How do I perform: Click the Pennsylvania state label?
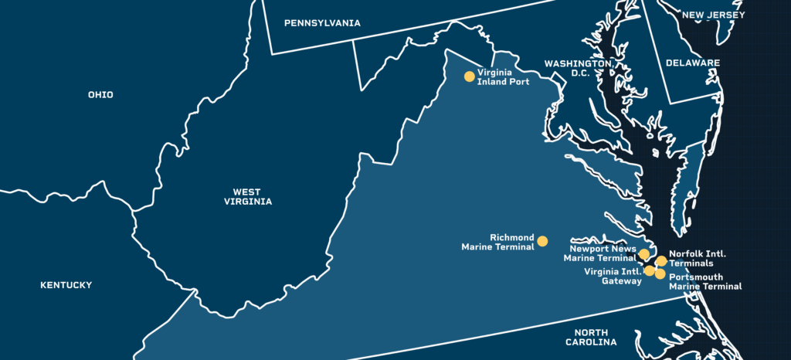click(322, 23)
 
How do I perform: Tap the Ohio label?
click(100, 95)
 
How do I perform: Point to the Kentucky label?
click(66, 285)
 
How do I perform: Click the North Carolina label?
click(591, 336)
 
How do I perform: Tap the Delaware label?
click(694, 63)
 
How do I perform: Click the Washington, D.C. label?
click(578, 68)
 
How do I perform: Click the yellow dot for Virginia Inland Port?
click(469, 76)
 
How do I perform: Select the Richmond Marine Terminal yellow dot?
click(542, 241)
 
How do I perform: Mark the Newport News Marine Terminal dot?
click(644, 254)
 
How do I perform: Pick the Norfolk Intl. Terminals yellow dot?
click(661, 261)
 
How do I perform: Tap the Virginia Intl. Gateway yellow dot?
click(650, 270)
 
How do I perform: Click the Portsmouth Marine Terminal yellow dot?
click(660, 274)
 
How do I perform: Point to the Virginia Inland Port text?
click(504, 77)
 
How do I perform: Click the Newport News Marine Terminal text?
click(603, 253)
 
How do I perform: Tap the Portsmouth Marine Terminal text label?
click(705, 281)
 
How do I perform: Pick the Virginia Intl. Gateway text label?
click(613, 276)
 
